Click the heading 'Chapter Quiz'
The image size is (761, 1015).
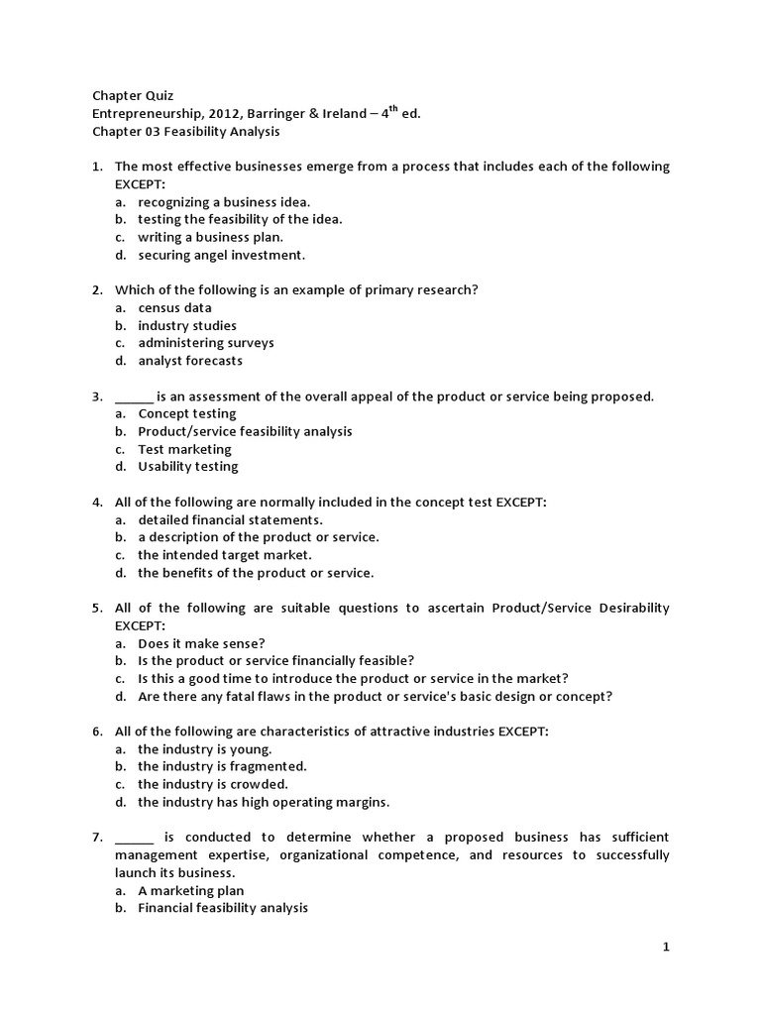click(133, 96)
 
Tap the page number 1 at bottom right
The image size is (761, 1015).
click(667, 948)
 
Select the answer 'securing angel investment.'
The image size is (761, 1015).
click(221, 255)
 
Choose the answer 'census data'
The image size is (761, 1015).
click(174, 308)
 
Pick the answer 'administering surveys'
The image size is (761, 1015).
click(205, 343)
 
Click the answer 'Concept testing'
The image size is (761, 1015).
click(186, 414)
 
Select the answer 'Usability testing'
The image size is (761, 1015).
click(187, 467)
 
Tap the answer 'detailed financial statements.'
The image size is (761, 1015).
click(230, 519)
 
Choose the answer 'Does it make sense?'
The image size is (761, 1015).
click(201, 643)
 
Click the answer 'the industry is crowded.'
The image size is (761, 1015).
click(212, 784)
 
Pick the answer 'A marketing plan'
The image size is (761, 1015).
click(190, 891)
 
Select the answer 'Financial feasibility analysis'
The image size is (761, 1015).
click(223, 908)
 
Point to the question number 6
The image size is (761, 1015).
click(97, 732)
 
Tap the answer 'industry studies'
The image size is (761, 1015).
click(186, 326)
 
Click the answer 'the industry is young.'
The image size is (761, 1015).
click(204, 749)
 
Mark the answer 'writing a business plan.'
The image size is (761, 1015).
click(210, 237)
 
